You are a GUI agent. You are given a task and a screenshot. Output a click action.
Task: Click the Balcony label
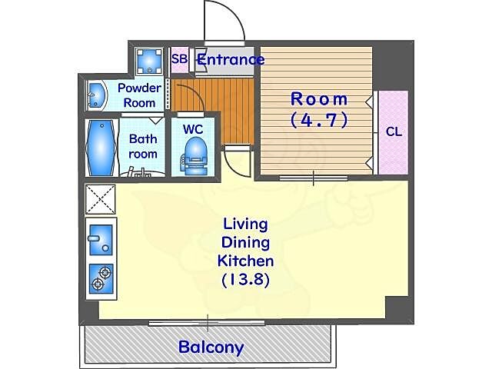(211, 347)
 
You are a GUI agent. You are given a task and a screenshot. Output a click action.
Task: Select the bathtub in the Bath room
(101, 148)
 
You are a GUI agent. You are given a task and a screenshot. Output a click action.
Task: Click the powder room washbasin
(95, 95)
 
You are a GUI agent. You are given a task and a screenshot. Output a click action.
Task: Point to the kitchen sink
(101, 240)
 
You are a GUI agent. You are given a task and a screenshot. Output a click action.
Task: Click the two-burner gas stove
(101, 278)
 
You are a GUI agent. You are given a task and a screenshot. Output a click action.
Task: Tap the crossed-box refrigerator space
(101, 200)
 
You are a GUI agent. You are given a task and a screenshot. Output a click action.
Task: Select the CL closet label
(394, 131)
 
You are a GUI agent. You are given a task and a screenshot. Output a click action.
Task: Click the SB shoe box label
(180, 58)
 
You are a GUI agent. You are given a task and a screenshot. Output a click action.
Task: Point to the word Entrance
(231, 60)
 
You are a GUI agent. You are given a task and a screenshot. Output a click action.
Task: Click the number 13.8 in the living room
(246, 280)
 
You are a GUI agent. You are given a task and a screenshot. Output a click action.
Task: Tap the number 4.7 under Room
(319, 120)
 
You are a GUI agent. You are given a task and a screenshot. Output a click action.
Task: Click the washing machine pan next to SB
(149, 61)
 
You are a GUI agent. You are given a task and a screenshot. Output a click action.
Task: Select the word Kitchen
(246, 261)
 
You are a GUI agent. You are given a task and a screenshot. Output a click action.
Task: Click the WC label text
(193, 129)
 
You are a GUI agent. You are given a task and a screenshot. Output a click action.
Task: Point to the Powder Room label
(140, 95)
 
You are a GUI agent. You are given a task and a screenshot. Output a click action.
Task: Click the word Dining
(246, 244)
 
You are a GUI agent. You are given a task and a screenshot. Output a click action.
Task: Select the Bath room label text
(143, 146)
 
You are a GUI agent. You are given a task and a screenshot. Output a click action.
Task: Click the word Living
(246, 225)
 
